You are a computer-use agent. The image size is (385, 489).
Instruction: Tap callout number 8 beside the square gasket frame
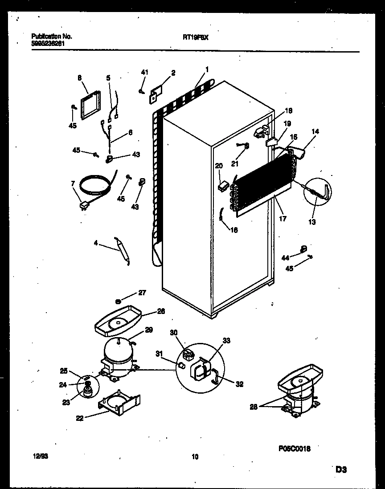pyautogui.click(x=79, y=77)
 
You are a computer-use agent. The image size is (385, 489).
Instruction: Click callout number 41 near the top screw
pyautogui.click(x=144, y=72)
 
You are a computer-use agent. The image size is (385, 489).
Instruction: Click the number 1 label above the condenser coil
pyautogui.click(x=207, y=69)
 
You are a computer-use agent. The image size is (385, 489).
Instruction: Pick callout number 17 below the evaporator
pyautogui.click(x=283, y=219)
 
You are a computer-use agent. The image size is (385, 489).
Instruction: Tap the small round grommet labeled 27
pyautogui.click(x=119, y=302)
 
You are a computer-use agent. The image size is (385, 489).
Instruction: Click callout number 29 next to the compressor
pyautogui.click(x=149, y=330)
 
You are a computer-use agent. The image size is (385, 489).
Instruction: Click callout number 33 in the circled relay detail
pyautogui.click(x=226, y=341)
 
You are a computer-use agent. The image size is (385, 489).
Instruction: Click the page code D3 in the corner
pyautogui.click(x=341, y=469)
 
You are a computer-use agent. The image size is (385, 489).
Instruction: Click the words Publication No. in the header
pyautogui.click(x=52, y=37)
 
